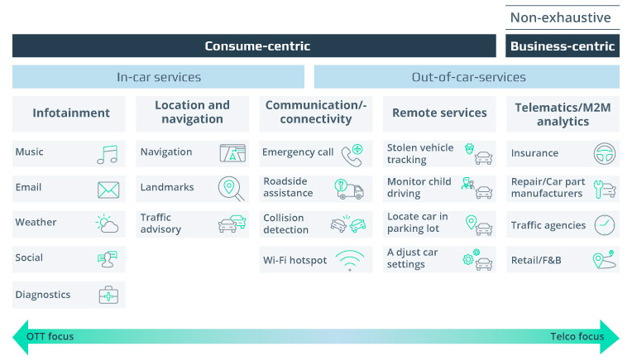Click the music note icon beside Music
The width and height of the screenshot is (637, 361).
[x=108, y=153]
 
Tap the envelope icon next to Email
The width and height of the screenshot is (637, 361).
[x=108, y=190]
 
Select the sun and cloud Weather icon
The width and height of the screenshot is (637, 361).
[x=108, y=224]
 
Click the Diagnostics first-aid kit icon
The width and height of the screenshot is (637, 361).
[x=108, y=296]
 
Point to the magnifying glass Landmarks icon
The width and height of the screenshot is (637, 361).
[x=231, y=189]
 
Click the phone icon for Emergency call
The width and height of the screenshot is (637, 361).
[x=352, y=153]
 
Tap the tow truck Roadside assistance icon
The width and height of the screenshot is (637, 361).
[x=349, y=189]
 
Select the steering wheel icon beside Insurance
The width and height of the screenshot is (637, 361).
[x=605, y=153]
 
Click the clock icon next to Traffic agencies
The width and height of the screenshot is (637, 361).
[x=605, y=225]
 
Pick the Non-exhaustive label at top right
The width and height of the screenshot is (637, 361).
[x=560, y=17]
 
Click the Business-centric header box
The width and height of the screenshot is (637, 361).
[x=563, y=46]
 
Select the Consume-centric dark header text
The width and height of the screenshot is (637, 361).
[x=257, y=46]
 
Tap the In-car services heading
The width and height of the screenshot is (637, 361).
[x=159, y=77]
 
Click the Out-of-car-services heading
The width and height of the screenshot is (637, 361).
[x=468, y=77]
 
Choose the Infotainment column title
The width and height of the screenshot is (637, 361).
[x=70, y=113]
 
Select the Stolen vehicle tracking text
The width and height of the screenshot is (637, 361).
[x=420, y=153]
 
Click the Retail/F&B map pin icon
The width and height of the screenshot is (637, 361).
[x=604, y=260]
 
